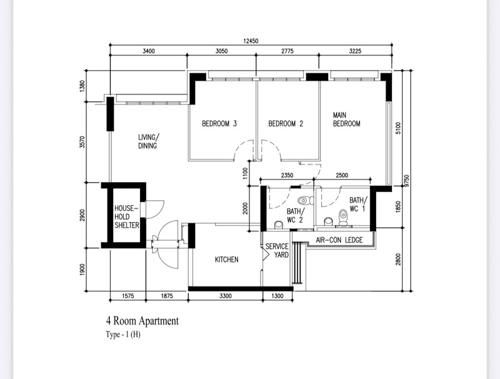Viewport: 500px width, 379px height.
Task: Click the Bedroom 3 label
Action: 219,123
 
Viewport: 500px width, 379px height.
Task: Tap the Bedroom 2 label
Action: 286,123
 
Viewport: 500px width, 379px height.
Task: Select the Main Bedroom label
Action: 347,119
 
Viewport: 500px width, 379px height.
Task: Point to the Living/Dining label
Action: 148,141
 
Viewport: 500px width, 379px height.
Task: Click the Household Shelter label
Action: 127,216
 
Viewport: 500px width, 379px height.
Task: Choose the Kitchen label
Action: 226,260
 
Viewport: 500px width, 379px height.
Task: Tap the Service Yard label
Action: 277,250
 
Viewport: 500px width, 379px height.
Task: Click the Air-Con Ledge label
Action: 339,240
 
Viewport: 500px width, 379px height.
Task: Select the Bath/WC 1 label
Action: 358,204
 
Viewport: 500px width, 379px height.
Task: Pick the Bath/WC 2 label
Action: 295,215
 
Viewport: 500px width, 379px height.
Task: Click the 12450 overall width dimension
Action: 251,41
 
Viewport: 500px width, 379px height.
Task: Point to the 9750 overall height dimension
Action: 406,181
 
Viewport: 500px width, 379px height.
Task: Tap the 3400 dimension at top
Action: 149,51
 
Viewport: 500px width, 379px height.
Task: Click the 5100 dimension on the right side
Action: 397,128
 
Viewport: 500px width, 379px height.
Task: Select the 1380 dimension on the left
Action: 82,86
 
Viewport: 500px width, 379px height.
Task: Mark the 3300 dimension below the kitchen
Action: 226,296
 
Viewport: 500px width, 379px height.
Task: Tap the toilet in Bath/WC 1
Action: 343,217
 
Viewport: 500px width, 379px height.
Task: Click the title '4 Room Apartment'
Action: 142,321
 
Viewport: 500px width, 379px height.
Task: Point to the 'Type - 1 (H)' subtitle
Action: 123,335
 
